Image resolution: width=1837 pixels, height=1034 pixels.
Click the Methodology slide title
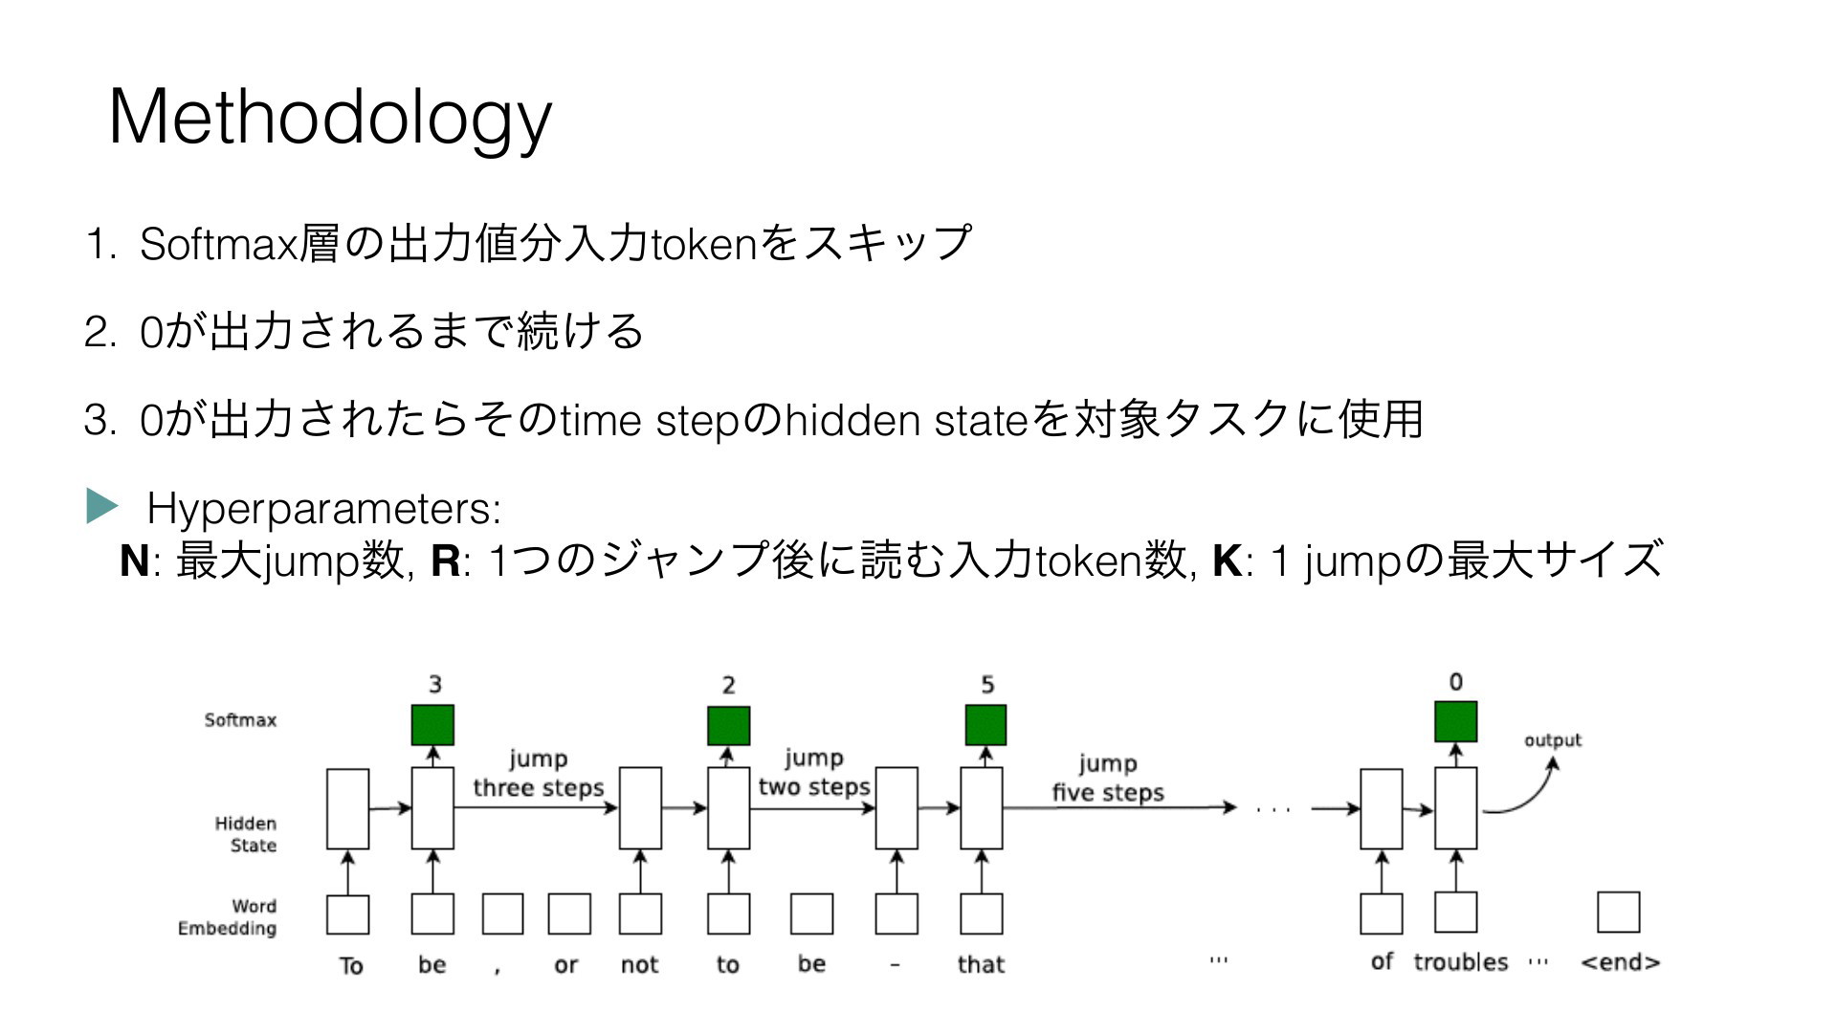[x=331, y=119]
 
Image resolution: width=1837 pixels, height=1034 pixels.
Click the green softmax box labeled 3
[x=432, y=725]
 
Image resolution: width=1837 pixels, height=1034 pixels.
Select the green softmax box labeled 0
[x=1455, y=721]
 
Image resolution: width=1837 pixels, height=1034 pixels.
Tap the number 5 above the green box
[x=987, y=685]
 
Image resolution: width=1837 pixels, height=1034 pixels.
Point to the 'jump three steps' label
[x=539, y=774]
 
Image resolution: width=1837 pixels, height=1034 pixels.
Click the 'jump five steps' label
[x=1108, y=779]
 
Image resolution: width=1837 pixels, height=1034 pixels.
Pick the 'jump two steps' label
[x=814, y=773]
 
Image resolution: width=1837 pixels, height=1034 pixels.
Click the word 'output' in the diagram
[x=1552, y=740]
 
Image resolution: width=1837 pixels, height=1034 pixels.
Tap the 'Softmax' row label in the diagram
[x=240, y=720]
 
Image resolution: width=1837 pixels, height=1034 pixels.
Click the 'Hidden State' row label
[x=246, y=834]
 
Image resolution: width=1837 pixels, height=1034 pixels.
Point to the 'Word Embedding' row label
[x=228, y=917]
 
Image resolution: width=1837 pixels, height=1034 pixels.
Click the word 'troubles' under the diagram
[x=1460, y=962]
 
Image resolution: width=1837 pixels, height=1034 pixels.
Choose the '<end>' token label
[x=1620, y=962]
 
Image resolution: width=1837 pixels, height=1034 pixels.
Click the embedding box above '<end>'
[x=1618, y=913]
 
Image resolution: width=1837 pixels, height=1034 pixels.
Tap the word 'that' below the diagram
[x=981, y=964]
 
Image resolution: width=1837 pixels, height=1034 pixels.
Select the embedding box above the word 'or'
[x=569, y=913]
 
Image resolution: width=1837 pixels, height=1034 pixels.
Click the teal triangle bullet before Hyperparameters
[x=101, y=505]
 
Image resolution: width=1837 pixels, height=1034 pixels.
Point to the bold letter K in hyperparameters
[x=1227, y=561]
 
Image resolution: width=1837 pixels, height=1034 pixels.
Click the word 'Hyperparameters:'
[x=324, y=509]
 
